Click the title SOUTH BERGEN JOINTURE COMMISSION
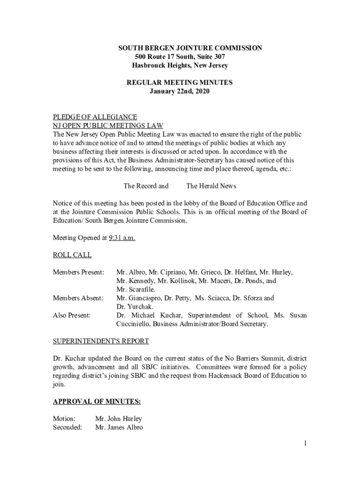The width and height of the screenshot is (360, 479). click(x=190, y=48)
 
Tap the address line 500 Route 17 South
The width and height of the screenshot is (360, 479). click(x=180, y=57)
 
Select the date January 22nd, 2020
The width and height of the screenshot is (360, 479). click(x=180, y=92)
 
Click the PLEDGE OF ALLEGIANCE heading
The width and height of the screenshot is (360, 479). click(x=95, y=117)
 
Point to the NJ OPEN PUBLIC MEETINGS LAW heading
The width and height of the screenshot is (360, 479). click(x=108, y=125)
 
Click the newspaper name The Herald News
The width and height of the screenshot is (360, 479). click(x=211, y=186)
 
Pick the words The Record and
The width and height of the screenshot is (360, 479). click(x=146, y=186)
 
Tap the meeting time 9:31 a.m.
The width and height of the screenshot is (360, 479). click(x=122, y=238)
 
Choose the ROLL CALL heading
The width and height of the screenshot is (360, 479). click(x=72, y=255)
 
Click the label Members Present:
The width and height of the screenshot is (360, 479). click(x=79, y=272)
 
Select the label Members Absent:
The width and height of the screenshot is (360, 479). click(x=78, y=298)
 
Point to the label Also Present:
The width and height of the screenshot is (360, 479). click(x=72, y=315)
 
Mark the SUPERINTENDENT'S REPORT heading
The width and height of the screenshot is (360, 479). click(x=101, y=341)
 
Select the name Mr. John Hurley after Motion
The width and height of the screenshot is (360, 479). click(x=118, y=419)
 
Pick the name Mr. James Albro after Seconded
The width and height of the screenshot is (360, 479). click(x=119, y=428)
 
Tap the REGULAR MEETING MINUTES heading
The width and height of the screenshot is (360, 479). click(x=180, y=83)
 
